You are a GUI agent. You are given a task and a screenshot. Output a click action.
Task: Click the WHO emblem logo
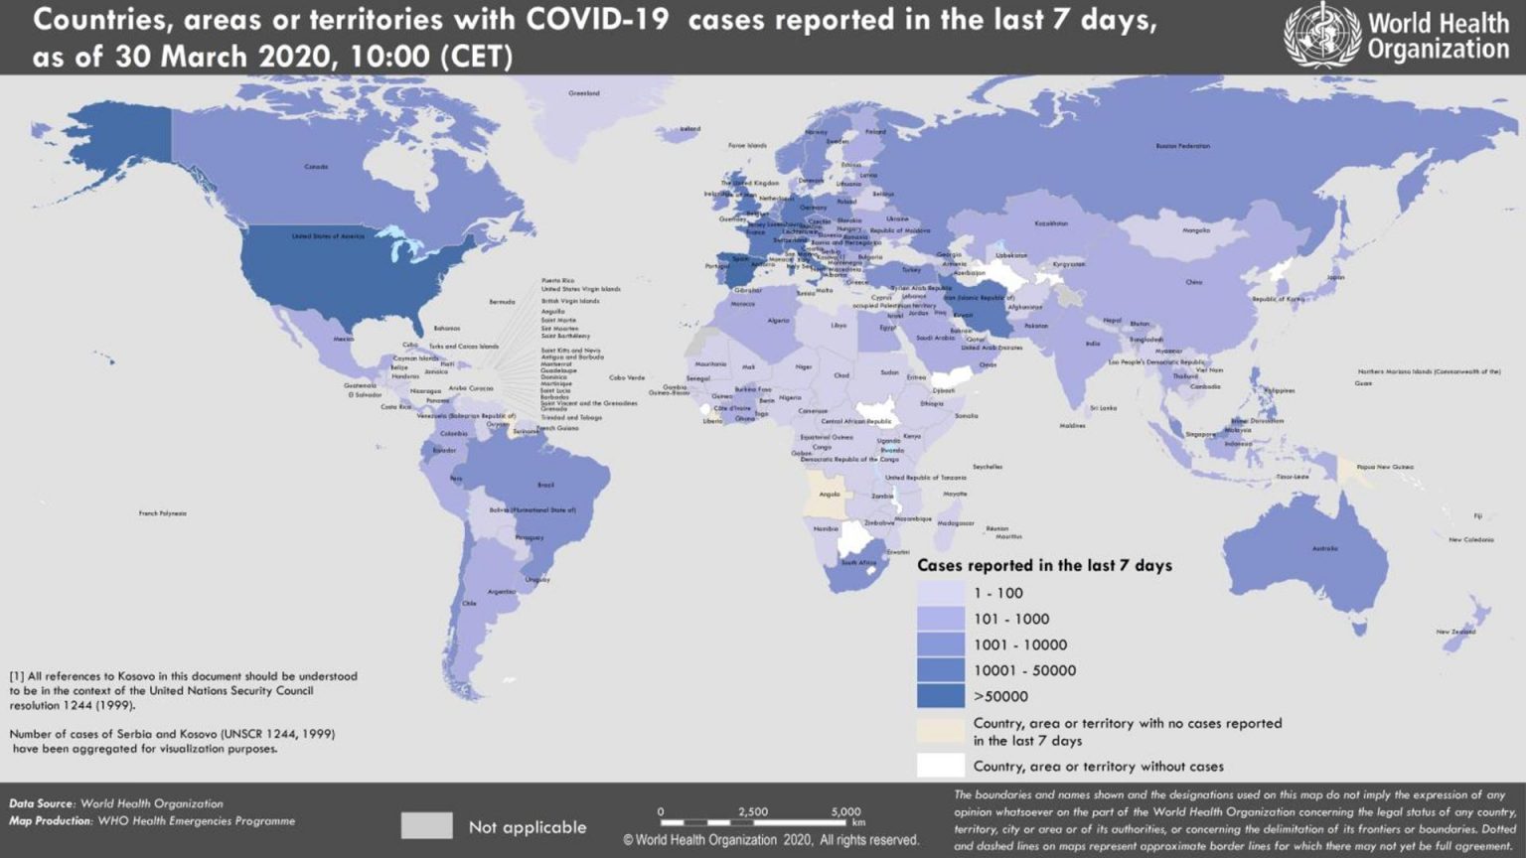click(x=1321, y=35)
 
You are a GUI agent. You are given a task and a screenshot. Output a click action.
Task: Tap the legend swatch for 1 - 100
click(x=940, y=593)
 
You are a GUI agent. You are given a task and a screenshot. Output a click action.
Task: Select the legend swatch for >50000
click(x=940, y=696)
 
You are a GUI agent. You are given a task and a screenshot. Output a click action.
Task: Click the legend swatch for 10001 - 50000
click(x=940, y=670)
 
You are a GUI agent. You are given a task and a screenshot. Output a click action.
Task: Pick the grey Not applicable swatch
click(x=426, y=826)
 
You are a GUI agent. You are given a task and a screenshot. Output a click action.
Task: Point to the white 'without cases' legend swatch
click(x=940, y=766)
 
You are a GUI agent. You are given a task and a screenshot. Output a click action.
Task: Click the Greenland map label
click(x=584, y=93)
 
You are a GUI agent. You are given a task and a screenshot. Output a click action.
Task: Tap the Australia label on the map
click(x=1324, y=548)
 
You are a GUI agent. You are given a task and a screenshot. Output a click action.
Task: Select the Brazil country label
click(x=545, y=485)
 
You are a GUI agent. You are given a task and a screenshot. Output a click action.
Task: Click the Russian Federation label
click(x=1182, y=146)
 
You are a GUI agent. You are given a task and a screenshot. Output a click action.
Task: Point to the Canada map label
click(x=316, y=167)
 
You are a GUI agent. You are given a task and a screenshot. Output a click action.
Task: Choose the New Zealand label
click(x=1455, y=632)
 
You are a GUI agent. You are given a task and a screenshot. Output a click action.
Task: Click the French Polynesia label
click(x=162, y=513)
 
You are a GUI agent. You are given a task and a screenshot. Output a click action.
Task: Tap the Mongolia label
click(x=1196, y=230)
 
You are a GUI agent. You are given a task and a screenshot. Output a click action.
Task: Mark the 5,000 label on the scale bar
click(x=845, y=811)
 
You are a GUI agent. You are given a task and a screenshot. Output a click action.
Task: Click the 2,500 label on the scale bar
click(x=753, y=811)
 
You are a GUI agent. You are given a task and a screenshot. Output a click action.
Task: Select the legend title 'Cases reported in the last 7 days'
click(x=1044, y=565)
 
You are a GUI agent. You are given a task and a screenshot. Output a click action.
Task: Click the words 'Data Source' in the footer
click(x=41, y=803)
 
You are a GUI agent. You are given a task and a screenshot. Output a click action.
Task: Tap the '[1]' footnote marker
click(x=17, y=676)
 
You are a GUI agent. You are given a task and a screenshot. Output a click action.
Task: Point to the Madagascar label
click(x=956, y=523)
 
